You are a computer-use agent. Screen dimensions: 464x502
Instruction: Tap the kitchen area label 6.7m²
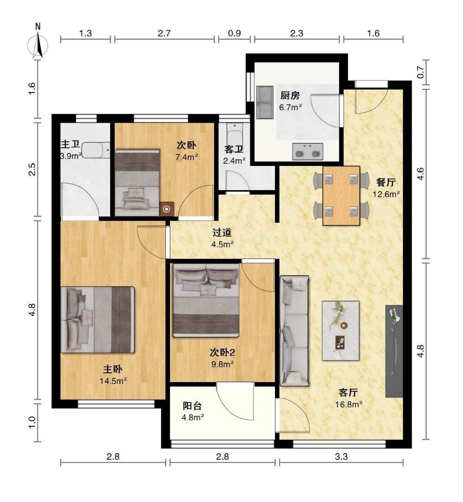(x=290, y=107)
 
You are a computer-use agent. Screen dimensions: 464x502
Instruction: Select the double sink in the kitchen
(x=265, y=102)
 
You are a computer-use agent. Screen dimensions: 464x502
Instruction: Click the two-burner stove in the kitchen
(x=307, y=152)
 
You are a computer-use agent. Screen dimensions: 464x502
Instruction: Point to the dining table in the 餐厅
(x=341, y=196)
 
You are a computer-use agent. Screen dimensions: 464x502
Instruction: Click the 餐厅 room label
(x=386, y=182)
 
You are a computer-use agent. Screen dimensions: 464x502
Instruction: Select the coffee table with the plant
(x=340, y=330)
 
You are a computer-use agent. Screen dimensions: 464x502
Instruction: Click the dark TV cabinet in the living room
(x=394, y=351)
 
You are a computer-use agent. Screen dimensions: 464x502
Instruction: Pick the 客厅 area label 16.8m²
(x=348, y=404)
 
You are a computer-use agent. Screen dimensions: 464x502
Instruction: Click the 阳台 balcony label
(x=192, y=406)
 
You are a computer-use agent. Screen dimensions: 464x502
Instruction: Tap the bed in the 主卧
(x=97, y=319)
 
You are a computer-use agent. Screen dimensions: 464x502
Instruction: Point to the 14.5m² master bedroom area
(x=113, y=381)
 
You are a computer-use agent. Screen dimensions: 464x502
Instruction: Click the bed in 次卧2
(x=206, y=300)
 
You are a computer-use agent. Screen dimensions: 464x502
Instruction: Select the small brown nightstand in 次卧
(x=166, y=209)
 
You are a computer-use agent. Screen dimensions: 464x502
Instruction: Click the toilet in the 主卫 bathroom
(x=96, y=150)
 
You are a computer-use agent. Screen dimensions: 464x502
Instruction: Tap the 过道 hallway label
(x=222, y=232)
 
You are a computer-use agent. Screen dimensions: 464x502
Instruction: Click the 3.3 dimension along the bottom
(x=341, y=456)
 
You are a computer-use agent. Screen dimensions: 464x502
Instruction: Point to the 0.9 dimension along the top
(x=234, y=33)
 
